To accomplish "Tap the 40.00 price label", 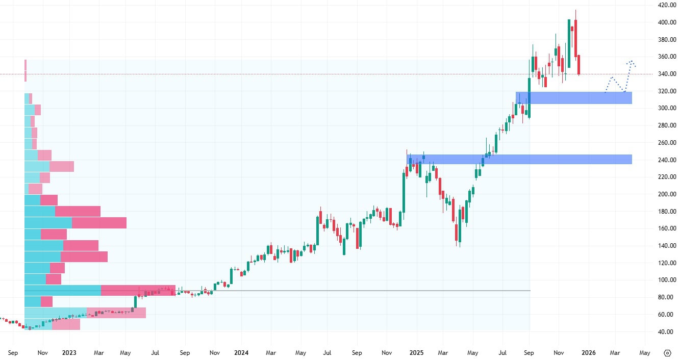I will coord(664,331).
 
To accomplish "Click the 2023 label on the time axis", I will coord(69,353).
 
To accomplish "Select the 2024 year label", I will coord(241,353).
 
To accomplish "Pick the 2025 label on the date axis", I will coord(417,353).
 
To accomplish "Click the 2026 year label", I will coord(589,353).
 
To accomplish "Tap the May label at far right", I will coord(645,353).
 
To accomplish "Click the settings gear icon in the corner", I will coord(668,353).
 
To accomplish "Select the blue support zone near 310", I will coord(574,98).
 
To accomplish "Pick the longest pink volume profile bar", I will coord(138,291).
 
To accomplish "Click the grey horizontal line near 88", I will coord(357,291).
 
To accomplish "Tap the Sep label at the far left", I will coord(14,353).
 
